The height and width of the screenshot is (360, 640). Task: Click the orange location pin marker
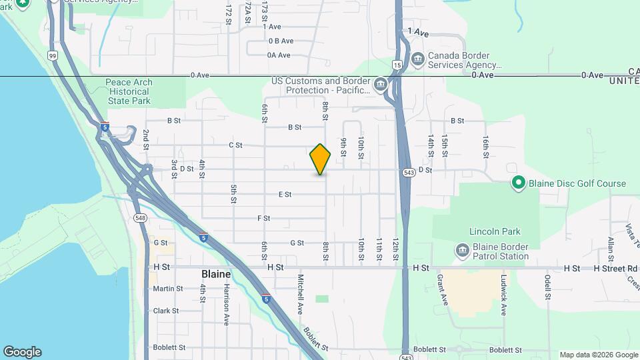click(321, 159)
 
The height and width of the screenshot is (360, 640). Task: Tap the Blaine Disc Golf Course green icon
click(518, 183)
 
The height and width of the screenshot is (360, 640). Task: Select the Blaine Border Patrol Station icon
click(461, 251)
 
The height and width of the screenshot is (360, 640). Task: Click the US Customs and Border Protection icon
click(380, 85)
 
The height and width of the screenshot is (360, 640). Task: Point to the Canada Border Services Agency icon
click(418, 59)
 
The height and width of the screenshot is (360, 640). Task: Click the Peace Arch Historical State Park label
click(129, 92)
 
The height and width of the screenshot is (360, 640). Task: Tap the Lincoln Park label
click(494, 232)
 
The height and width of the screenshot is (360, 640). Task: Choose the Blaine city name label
click(216, 274)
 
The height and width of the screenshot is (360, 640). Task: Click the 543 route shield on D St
click(409, 172)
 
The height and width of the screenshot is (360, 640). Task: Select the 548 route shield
click(140, 218)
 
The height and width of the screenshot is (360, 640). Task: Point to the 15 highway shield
click(397, 65)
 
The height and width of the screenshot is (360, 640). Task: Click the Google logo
click(22, 352)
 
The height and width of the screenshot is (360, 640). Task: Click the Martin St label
click(167, 289)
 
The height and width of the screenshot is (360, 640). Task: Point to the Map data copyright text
click(598, 355)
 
